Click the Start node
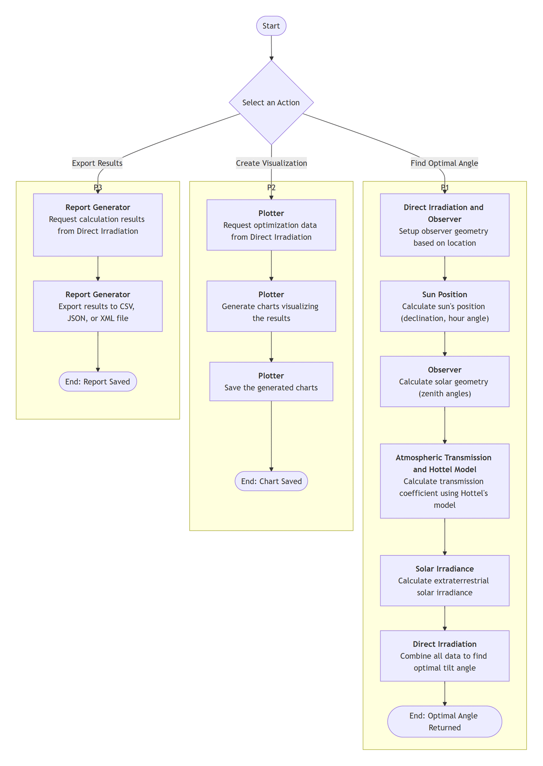pos(271,26)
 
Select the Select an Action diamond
pos(271,103)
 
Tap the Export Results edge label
pos(97,163)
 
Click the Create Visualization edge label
pos(271,163)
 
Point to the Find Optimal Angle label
pos(444,163)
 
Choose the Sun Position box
pos(444,306)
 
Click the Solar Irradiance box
pos(444,580)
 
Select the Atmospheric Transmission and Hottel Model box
pos(444,481)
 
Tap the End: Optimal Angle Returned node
pos(444,722)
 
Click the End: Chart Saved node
pos(271,481)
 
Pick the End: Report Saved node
pos(98,382)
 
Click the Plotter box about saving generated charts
pos(271,381)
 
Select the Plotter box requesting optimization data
pos(271,225)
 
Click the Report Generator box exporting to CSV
pos(98,306)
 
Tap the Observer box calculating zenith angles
pos(444,381)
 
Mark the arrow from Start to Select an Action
pos(271,48)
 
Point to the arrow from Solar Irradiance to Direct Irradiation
pos(445,618)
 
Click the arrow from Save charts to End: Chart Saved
pos(271,437)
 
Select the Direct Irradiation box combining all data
pos(444,656)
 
